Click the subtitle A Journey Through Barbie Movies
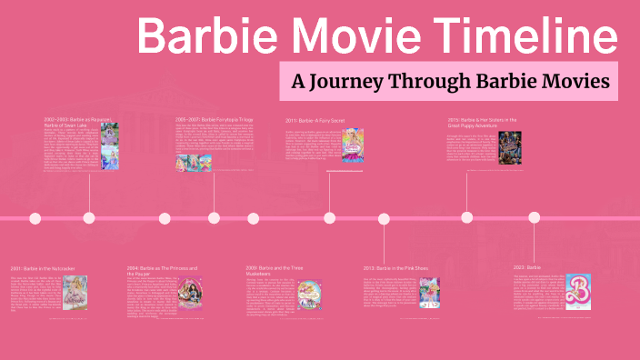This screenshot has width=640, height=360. tap(449, 81)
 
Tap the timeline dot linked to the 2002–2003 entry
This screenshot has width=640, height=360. tap(89, 218)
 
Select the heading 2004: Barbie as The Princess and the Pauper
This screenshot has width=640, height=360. tap(164, 272)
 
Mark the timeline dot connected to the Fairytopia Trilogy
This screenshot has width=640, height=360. tap(214, 218)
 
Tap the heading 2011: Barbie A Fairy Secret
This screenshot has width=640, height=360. tap(315, 119)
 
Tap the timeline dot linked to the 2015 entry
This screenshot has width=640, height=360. tap(466, 218)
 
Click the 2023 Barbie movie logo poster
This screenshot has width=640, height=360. tap(578, 290)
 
